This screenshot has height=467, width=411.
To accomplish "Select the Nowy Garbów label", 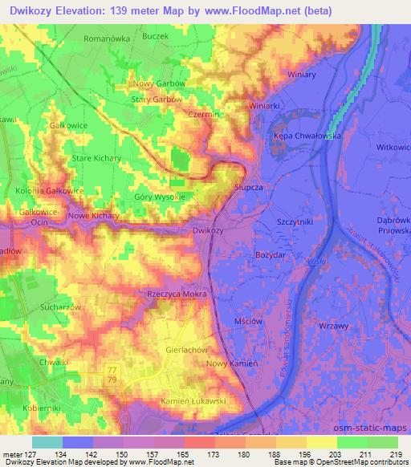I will point(160,83).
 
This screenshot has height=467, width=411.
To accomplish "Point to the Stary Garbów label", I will point(158,99).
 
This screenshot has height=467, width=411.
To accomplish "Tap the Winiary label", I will point(303,75).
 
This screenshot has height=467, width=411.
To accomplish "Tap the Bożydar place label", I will point(291,254).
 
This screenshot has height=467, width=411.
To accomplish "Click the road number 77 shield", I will point(112,368).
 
